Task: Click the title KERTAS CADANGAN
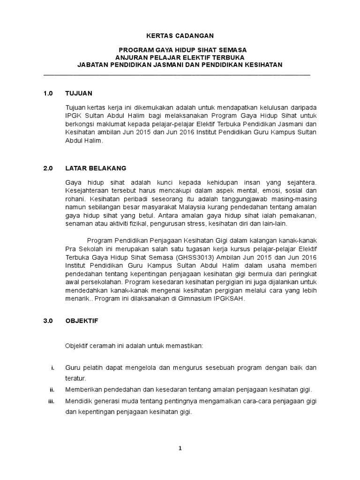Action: click(180, 36)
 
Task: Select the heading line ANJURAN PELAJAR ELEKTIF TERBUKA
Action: click(180, 57)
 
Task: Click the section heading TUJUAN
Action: click(79, 93)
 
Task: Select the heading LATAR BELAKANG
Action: click(96, 168)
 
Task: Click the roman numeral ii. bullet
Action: click(52, 390)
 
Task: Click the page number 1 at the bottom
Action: click(180, 448)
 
